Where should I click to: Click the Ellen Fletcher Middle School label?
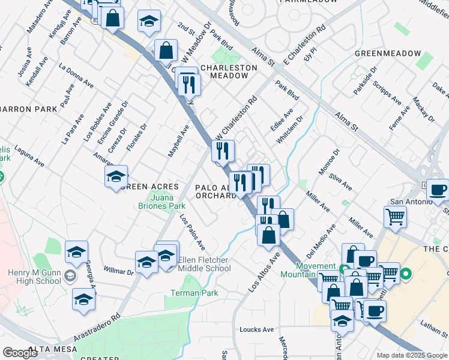pyautogui.click(x=205, y=264)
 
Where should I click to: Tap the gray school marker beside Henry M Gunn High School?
pyautogui.click(x=70, y=276)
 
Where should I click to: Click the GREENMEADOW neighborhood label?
pyautogui.click(x=388, y=53)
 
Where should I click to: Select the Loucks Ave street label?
pyautogui.click(x=256, y=329)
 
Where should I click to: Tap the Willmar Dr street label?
pyautogui.click(x=118, y=271)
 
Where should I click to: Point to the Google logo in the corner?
pyautogui.click(x=20, y=353)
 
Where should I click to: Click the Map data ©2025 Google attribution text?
pyautogui.click(x=411, y=355)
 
